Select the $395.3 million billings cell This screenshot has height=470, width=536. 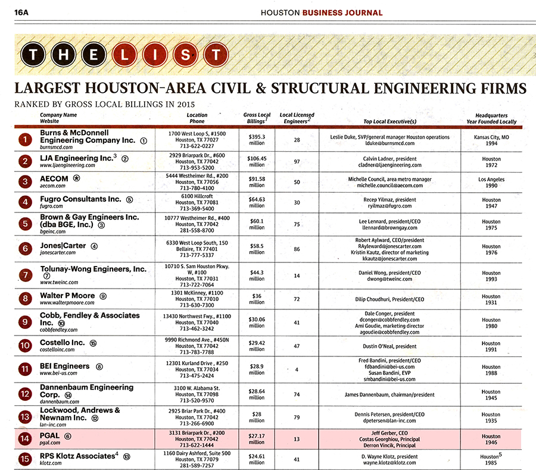click(x=257, y=140)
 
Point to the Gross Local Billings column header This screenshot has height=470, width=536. click(x=257, y=118)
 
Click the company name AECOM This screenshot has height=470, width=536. click(x=54, y=178)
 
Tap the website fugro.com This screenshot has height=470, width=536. click(x=52, y=206)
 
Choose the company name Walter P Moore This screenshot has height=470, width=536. click(x=68, y=295)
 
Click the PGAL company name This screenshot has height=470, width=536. click(x=50, y=436)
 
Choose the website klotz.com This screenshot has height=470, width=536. click(x=51, y=464)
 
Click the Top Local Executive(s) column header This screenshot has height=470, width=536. click(x=389, y=121)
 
